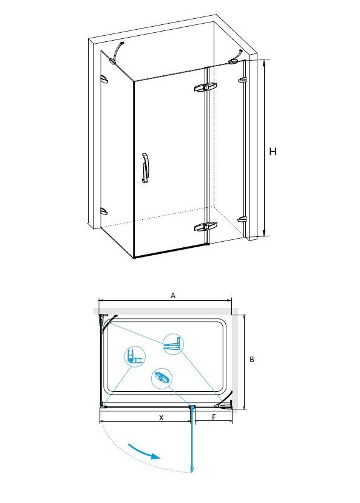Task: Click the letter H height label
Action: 273,151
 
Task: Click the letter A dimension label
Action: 173,295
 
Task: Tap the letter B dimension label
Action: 252,359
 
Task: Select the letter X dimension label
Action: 161,417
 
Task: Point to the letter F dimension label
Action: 214,417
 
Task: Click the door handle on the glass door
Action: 145,168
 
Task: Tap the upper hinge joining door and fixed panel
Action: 205,87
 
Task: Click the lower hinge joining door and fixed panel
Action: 205,227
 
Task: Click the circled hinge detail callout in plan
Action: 161,378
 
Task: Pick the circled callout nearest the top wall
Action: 173,344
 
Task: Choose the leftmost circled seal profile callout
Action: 135,357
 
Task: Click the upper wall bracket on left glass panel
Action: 104,79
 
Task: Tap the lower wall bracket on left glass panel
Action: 104,211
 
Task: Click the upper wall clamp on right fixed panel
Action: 242,79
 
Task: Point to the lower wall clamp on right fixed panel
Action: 242,220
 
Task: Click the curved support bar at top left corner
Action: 118,50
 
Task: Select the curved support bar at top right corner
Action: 236,56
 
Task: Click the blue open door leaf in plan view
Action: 192,439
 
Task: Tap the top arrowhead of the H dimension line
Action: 264,60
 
